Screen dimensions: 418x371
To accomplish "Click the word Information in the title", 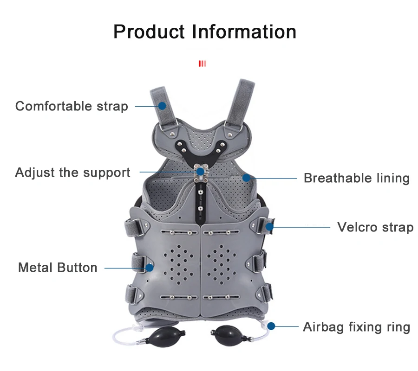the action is [244, 32].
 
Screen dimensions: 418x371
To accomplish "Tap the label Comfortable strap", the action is [72, 106].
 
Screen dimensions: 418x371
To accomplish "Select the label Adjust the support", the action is [72, 173].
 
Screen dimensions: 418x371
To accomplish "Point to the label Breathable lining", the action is [356, 178].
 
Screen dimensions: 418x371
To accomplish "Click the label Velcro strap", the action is [375, 227].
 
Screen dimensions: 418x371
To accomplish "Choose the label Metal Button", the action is [58, 268].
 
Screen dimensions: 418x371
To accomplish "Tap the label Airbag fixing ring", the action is [356, 327].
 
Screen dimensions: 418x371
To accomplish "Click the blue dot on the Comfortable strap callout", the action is [162, 106].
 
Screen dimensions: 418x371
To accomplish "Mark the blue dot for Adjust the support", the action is [200, 172].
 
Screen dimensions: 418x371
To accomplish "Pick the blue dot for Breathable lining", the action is [247, 177].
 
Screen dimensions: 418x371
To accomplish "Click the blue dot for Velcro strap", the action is [269, 227].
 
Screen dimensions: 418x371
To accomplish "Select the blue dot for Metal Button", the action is [150, 268].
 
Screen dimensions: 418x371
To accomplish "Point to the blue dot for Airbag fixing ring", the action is [271, 326].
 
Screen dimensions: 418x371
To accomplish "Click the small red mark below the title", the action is [202, 64].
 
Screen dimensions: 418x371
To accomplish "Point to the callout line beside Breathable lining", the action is [274, 178].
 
